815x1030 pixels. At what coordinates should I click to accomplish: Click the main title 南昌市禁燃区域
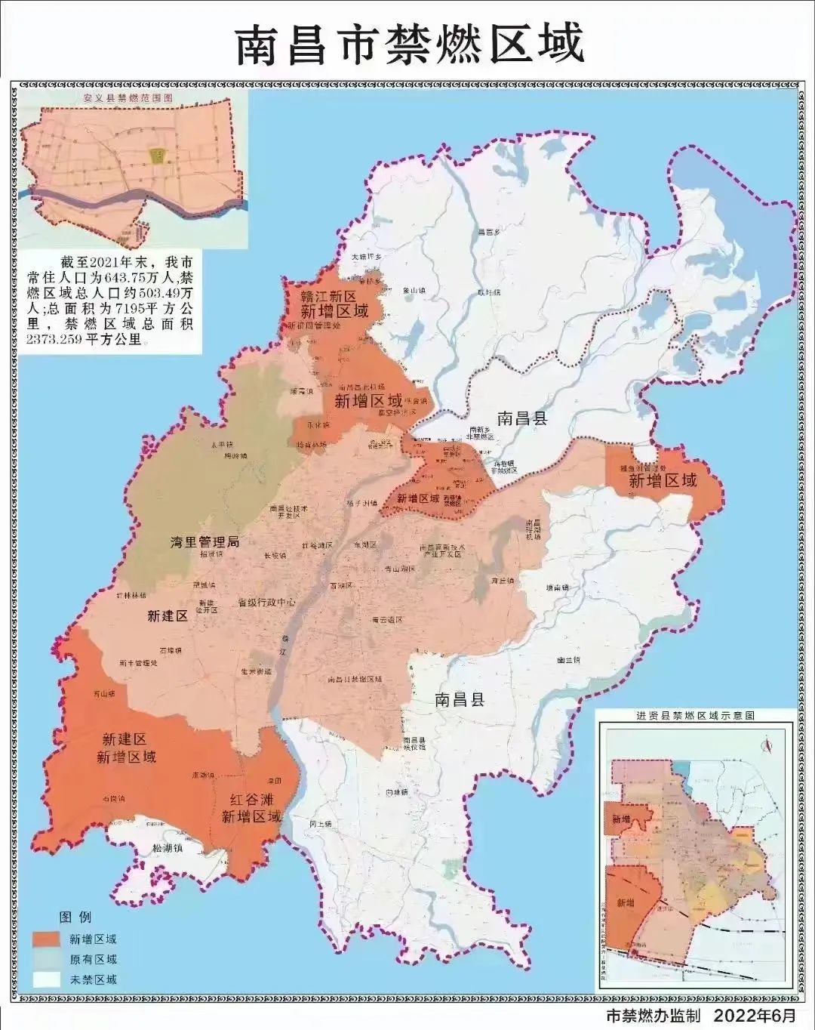(410, 43)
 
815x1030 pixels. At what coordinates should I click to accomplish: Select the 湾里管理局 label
(205, 541)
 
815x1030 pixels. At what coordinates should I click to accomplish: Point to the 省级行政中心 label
(266, 603)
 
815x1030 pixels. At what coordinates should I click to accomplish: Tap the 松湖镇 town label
(168, 848)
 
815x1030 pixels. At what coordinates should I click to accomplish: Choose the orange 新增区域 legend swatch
(46, 939)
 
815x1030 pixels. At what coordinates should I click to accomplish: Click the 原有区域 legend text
(93, 960)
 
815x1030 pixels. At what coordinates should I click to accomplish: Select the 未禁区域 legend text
(93, 979)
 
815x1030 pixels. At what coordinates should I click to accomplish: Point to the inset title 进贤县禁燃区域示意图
(695, 714)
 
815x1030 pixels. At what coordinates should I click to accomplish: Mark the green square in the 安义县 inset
(157, 156)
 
